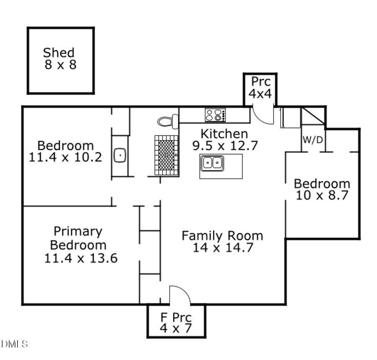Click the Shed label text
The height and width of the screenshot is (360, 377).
click(59, 53)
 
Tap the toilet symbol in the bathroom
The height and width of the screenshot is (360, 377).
click(168, 122)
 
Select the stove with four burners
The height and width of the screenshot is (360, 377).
click(215, 115)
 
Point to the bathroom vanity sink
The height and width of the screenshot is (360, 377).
click(120, 155)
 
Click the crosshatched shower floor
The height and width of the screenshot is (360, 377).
click(167, 155)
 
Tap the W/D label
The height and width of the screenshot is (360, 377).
click(313, 140)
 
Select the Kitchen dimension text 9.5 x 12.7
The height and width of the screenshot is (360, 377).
click(225, 146)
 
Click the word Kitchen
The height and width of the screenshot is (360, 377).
click(224, 134)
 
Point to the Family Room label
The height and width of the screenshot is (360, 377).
click(222, 236)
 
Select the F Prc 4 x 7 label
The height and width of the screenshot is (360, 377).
click(176, 323)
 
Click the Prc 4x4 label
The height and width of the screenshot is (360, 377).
click(261, 87)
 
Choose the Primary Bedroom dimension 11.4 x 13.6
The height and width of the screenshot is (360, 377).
click(81, 258)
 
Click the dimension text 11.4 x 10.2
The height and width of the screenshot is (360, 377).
click(65, 157)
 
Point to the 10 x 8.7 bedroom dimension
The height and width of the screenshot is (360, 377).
click(322, 195)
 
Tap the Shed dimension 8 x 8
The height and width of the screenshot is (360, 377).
click(61, 65)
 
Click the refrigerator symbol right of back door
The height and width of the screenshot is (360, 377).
click(291, 118)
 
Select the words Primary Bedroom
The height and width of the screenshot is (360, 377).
click(78, 238)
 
